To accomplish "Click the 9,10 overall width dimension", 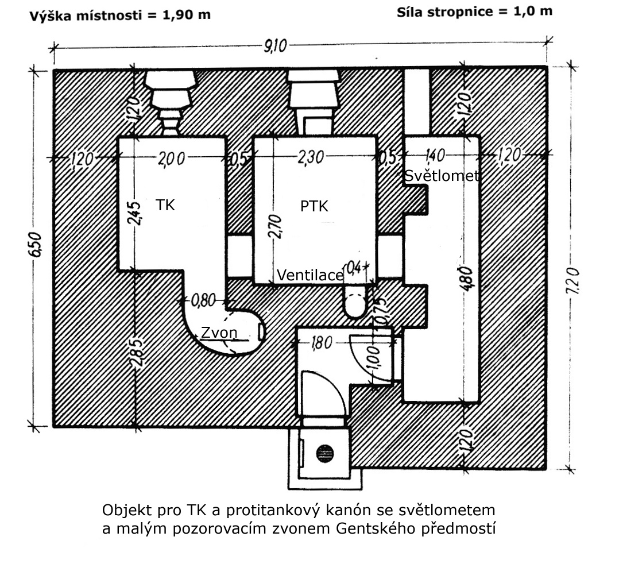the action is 276,46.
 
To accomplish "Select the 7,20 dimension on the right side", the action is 573,281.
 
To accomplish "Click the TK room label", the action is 165,205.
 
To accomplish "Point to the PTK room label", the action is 314,206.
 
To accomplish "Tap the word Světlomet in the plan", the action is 442,176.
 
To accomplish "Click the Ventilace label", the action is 310,275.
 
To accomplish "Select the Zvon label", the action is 219,333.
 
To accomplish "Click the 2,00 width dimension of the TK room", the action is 171,159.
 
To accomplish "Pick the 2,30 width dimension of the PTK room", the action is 311,157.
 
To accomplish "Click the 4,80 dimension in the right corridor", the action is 466,279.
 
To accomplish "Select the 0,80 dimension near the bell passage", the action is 203,300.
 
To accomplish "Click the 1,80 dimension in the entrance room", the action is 322,343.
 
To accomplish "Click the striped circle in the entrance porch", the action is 325,453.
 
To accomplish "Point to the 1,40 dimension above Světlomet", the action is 435,155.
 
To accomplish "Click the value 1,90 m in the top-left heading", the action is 186,15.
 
